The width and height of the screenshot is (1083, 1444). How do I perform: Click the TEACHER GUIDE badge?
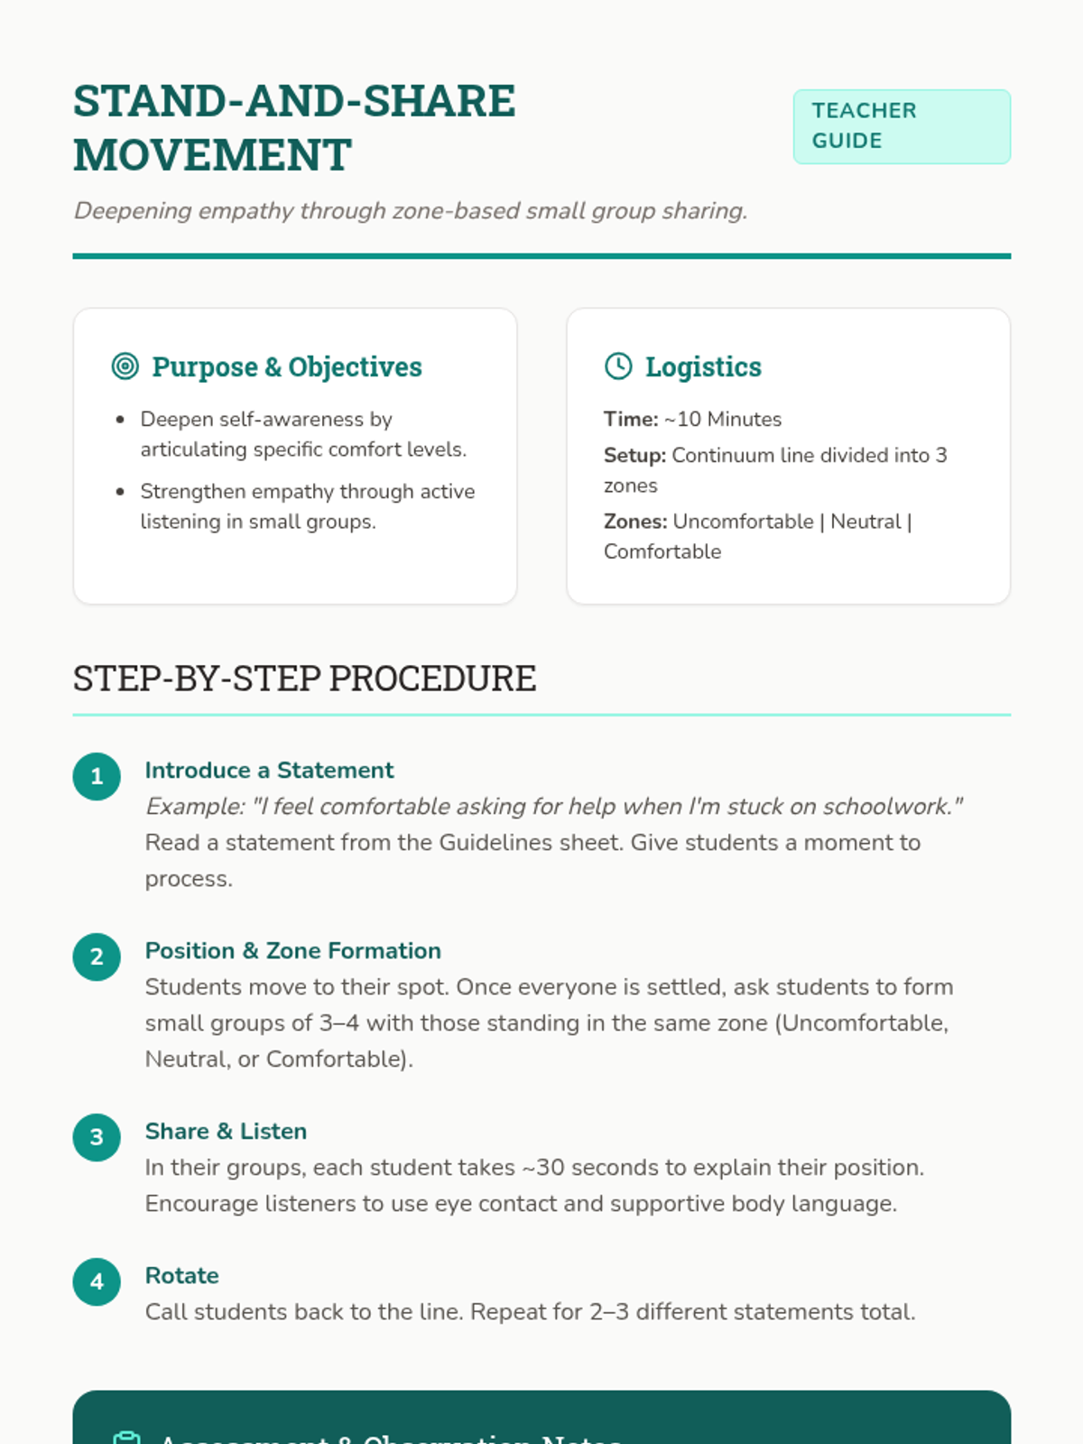coord(901,126)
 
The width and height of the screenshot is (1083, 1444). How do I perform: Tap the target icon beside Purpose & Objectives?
coord(125,366)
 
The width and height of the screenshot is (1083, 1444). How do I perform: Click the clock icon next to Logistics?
coord(618,366)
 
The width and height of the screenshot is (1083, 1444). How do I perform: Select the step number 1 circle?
coord(97,776)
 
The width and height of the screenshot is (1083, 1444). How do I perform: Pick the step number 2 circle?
coord(97,957)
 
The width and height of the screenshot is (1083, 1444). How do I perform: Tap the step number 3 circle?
coord(97,1137)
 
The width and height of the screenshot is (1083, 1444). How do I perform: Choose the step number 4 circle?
coord(97,1282)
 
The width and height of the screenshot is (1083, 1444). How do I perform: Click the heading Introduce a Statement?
coord(269,770)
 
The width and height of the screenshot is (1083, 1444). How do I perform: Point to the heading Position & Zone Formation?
coord(292,950)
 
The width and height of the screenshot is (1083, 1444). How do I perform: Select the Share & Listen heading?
coord(226,1131)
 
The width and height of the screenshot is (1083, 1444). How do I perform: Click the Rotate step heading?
coord(181,1275)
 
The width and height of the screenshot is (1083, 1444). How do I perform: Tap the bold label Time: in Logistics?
coord(631,419)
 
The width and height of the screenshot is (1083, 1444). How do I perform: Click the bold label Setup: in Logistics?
coord(634,455)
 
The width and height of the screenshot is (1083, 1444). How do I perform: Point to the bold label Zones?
coord(635,522)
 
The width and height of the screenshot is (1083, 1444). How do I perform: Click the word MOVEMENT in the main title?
coord(212,155)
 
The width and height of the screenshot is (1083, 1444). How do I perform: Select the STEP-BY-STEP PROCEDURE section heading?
coord(304,679)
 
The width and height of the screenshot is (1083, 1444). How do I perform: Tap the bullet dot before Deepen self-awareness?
coord(120,420)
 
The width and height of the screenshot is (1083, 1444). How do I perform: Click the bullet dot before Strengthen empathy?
coord(120,492)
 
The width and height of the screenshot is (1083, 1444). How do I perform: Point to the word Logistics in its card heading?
coord(703,366)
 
